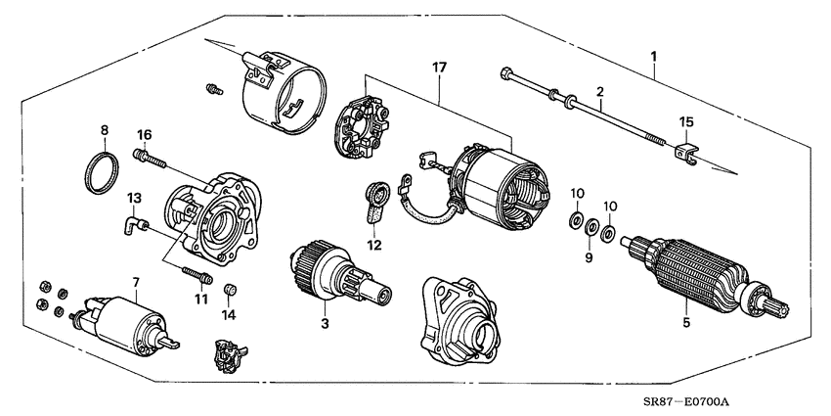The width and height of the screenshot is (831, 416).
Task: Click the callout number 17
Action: pyautogui.click(x=439, y=69)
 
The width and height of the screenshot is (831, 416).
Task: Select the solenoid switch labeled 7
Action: pyautogui.click(x=124, y=319)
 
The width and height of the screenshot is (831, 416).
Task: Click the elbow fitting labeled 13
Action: pyautogui.click(x=133, y=228)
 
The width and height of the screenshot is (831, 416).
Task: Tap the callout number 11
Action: pyautogui.click(x=200, y=298)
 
